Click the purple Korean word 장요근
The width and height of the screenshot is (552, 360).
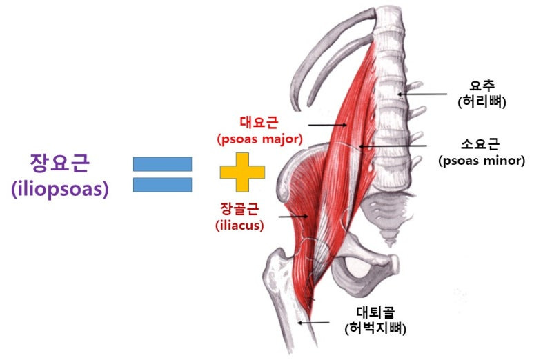click(x=60, y=164)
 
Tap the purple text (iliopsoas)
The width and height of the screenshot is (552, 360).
click(x=60, y=189)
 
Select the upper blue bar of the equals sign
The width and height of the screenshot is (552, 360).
click(x=162, y=163)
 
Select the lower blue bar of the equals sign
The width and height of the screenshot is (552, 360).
click(x=162, y=185)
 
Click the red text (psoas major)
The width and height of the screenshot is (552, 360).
click(x=260, y=139)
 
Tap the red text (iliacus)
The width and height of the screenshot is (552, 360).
click(x=240, y=225)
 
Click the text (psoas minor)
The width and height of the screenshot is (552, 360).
click(x=481, y=161)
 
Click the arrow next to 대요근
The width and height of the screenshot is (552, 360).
click(x=327, y=125)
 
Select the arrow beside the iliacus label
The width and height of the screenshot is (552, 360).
click(x=293, y=216)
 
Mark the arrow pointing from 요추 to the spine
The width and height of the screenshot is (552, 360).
click(x=422, y=94)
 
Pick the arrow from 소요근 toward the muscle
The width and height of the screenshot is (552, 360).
click(x=394, y=146)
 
